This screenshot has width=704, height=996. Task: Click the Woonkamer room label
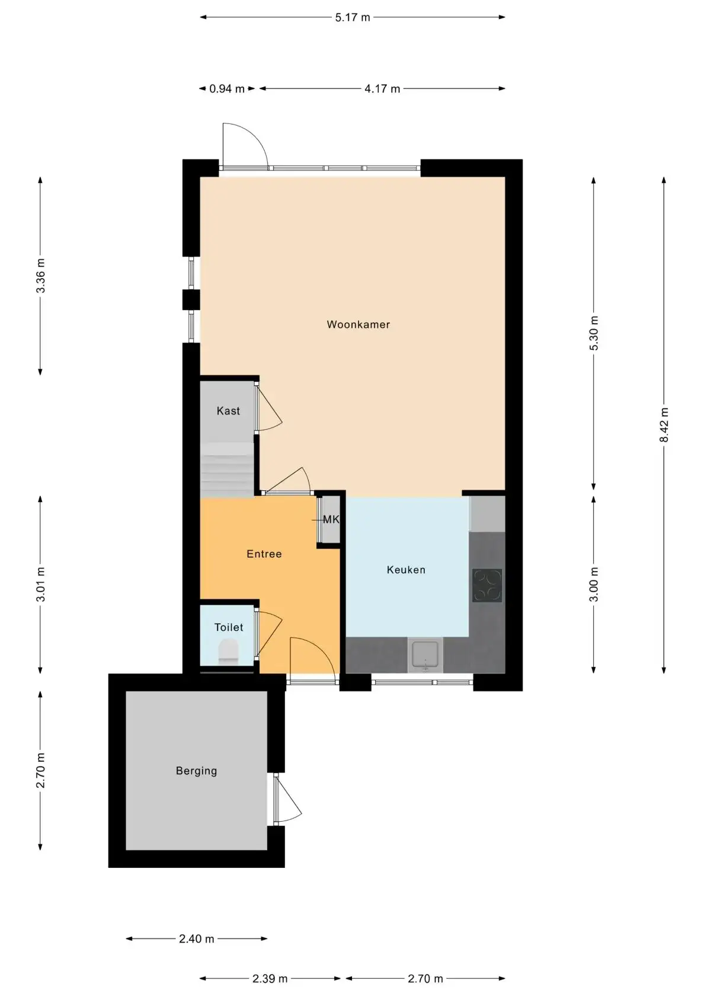(358, 325)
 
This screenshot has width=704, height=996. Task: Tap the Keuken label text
(406, 570)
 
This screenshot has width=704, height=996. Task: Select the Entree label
(264, 554)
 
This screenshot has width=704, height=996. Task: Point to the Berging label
(197, 771)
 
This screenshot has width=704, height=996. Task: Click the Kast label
(229, 410)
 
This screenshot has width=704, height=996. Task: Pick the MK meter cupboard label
(331, 519)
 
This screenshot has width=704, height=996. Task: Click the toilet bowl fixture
(229, 652)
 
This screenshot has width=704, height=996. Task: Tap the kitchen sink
(425, 655)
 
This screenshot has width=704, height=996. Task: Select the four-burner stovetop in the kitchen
(487, 586)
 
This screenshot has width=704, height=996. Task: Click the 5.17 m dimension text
(353, 17)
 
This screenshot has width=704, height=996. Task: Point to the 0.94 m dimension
(226, 88)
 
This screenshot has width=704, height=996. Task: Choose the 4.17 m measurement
(382, 88)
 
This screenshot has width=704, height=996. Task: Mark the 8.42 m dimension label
(664, 424)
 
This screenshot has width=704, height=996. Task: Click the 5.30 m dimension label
(594, 333)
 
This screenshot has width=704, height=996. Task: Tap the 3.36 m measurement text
(40, 275)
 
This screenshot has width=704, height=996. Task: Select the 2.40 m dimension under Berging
(197, 938)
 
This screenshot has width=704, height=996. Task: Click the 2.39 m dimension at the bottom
(270, 979)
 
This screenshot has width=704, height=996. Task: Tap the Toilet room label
(229, 627)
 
